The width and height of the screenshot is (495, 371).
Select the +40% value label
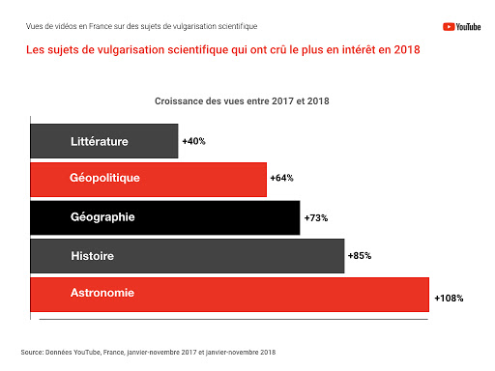coord(193,141)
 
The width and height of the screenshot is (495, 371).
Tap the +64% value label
coord(281,179)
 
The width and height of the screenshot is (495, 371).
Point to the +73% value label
coord(316,217)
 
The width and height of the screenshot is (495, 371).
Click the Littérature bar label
coord(100,141)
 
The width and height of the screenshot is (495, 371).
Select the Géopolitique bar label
coord(104,179)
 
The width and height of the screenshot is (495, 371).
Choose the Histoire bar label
coord(93,256)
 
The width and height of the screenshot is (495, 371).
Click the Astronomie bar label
coord(102,293)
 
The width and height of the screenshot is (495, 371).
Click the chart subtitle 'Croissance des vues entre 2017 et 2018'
coord(243,100)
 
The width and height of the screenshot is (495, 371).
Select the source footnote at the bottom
coord(148,351)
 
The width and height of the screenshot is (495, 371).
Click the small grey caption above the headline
coord(142,26)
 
